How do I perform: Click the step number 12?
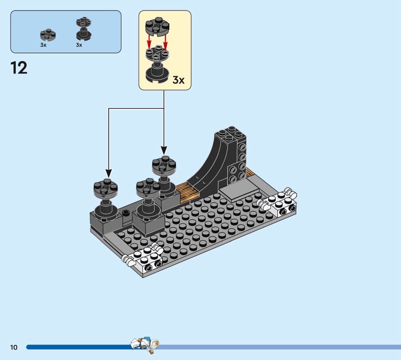point(19,68)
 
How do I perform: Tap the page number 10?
point(14,347)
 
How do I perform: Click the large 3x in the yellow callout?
point(178,80)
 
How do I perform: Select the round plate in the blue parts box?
point(48,35)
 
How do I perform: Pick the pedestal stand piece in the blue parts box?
point(84,29)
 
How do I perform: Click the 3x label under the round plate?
point(43,45)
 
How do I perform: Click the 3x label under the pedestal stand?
point(79,45)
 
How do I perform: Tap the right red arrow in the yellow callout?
point(165,42)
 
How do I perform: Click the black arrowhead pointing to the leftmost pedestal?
point(109,173)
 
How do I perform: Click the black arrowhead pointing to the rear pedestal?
point(164,150)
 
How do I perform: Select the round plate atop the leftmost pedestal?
point(106,188)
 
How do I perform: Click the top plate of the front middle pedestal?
point(148,187)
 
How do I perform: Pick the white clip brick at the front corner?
point(144,258)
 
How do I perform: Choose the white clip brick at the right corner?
point(278,202)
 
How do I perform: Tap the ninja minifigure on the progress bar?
point(144,345)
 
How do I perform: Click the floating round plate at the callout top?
point(157,27)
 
